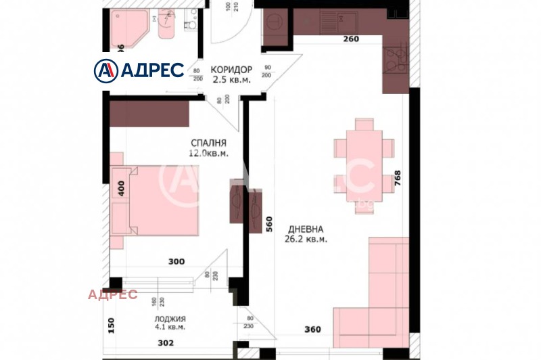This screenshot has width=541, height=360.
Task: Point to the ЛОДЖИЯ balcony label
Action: (x=170, y=319)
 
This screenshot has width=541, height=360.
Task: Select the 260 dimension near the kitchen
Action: (x=351, y=39)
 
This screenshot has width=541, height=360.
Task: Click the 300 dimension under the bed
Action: (x=177, y=261)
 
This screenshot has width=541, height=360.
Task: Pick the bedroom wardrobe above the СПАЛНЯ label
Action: (x=149, y=113)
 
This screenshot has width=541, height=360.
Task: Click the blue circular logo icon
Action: (x=104, y=70)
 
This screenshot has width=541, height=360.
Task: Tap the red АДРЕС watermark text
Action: (x=113, y=294)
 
